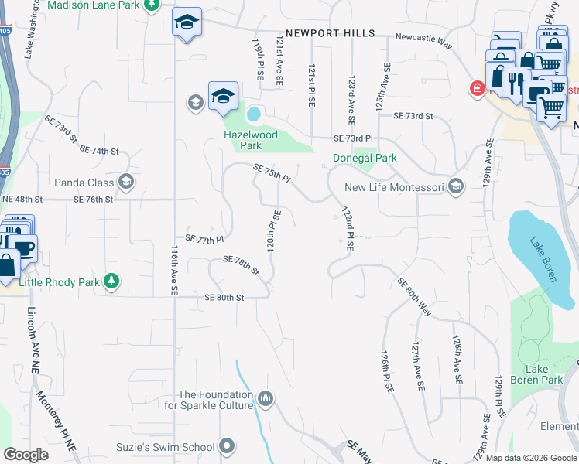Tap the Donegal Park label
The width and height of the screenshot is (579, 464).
tap(365, 158)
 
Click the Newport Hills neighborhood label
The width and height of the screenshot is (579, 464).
tap(330, 33)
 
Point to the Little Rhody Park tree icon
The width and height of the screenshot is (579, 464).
tap(112, 281)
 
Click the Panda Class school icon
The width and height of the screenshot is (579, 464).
tap(126, 183)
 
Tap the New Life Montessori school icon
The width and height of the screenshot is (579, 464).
tap(456, 186)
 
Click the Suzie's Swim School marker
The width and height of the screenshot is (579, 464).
tap(227, 445)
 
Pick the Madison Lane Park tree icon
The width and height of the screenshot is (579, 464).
tap(153, 5)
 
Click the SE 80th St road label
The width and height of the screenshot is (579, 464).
tap(224, 298)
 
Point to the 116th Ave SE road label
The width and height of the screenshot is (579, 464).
tap(174, 271)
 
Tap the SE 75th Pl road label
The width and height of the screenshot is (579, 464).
tap(271, 172)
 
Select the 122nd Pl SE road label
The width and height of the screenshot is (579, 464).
tap(346, 228)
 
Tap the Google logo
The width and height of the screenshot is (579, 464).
tap(26, 455)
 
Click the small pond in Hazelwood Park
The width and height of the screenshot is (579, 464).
tap(253, 115)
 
